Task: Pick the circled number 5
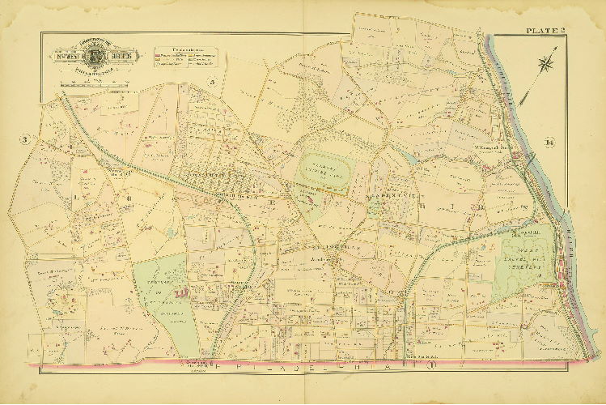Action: (x=212, y=80)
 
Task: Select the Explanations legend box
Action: (x=184, y=56)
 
